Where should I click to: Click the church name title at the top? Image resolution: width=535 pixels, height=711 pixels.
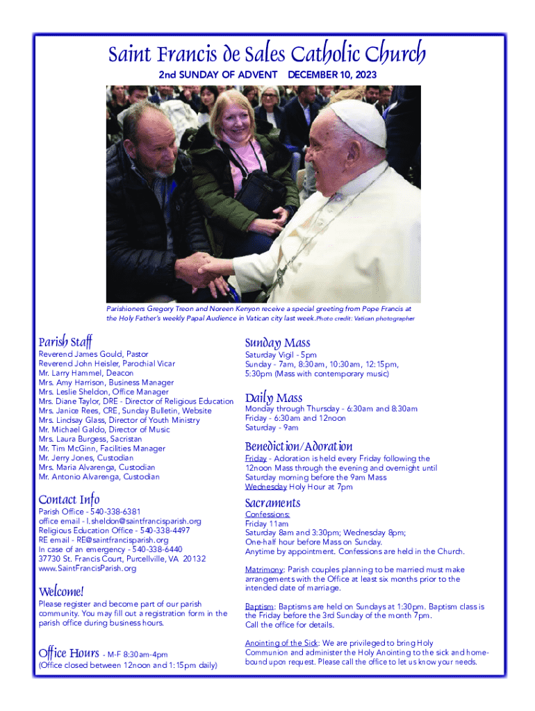266,54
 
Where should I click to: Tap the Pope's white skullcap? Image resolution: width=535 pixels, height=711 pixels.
359,121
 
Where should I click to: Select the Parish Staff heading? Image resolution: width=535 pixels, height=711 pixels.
65,341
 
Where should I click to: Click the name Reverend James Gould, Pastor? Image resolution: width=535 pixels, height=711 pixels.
93,354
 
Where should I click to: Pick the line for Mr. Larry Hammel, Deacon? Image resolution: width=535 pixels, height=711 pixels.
86,373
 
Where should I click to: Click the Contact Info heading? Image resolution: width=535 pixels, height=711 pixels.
69,499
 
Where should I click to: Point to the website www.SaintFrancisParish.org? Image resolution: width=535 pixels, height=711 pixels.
88,568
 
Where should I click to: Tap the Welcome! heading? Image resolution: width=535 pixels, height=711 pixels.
61,592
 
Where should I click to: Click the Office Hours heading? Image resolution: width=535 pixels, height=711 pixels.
69,653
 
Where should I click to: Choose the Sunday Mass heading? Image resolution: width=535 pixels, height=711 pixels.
277,342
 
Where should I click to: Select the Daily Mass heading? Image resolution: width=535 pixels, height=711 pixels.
273,398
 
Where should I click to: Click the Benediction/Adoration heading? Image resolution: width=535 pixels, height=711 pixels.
299,446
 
